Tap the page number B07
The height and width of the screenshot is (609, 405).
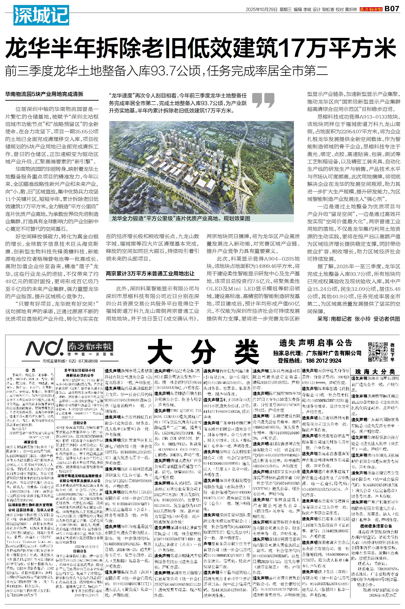[392, 9]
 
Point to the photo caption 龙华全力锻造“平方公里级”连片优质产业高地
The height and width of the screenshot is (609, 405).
[181, 218]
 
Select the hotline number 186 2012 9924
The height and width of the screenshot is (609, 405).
[323, 360]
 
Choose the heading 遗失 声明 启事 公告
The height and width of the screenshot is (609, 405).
[316, 343]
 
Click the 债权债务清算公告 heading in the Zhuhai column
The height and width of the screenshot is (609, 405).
[375, 518]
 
